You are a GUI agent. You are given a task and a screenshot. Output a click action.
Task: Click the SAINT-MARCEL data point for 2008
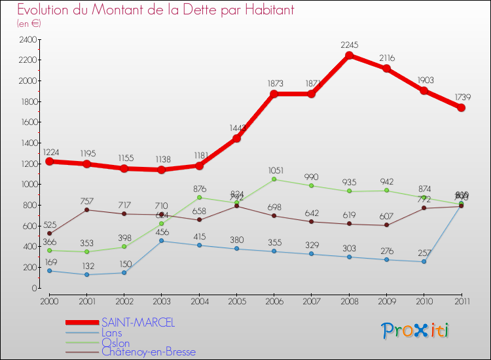tap(349, 56)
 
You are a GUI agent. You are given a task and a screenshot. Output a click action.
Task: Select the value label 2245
tap(349, 45)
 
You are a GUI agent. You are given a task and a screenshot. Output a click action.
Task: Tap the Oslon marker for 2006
tap(274, 179)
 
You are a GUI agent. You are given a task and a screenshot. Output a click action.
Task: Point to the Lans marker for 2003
tap(161, 241)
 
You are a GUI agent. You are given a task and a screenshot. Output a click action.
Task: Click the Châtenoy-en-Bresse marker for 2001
tap(86, 209)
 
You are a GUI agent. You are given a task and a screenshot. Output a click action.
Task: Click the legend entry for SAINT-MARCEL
tap(137, 323)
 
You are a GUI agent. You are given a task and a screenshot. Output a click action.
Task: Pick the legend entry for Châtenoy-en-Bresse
tap(148, 352)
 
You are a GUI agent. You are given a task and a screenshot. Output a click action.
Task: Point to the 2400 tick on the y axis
tap(28, 39)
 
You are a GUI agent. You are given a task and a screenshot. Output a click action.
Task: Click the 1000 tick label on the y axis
tap(28, 185)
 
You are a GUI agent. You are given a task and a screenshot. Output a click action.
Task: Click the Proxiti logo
tap(415, 331)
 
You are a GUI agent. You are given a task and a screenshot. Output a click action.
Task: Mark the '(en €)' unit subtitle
tap(29, 23)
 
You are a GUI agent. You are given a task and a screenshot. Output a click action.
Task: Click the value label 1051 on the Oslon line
tap(274, 168)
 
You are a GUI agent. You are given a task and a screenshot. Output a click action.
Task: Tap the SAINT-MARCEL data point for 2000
tap(49, 161)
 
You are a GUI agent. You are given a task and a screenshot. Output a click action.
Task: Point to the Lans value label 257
tap(424, 252)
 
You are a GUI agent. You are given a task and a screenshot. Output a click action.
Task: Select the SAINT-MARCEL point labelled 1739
tap(461, 107)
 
